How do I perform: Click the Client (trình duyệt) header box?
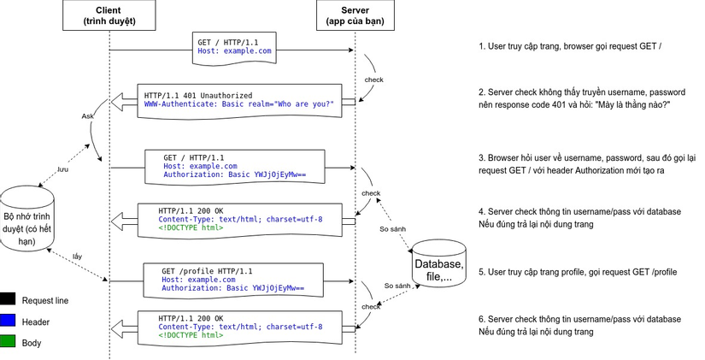(x=109, y=14)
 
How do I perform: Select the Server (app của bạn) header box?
(x=355, y=14)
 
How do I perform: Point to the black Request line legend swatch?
(x=9, y=300)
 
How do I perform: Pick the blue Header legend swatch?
(x=9, y=322)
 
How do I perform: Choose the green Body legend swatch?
(x=9, y=343)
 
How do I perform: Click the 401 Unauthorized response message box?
(x=239, y=100)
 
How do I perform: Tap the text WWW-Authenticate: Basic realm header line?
(x=238, y=104)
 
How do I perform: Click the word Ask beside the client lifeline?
(x=88, y=116)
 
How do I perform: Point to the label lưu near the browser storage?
(x=62, y=169)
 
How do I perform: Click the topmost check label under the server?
(x=373, y=80)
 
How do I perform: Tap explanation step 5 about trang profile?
(x=578, y=272)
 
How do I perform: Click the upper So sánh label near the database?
(x=392, y=229)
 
